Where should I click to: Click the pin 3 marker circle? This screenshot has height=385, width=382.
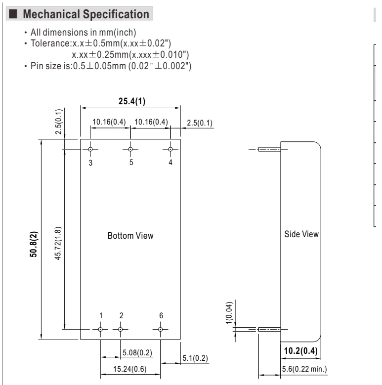coord(90,149)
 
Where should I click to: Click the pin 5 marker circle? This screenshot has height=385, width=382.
coord(130,149)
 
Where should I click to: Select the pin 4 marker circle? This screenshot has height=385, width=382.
coord(170,149)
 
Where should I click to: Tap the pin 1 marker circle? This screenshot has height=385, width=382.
coord(100,329)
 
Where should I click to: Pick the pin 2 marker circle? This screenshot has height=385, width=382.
coord(120,329)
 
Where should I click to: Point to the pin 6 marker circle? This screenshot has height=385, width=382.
coord(160,329)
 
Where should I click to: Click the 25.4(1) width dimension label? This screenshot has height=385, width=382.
coord(132,101)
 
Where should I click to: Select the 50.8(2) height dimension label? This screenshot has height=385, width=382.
coord(34,244)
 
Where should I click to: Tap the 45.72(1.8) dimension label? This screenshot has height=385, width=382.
coord(58,243)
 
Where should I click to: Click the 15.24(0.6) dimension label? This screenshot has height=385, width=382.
coord(130,369)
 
